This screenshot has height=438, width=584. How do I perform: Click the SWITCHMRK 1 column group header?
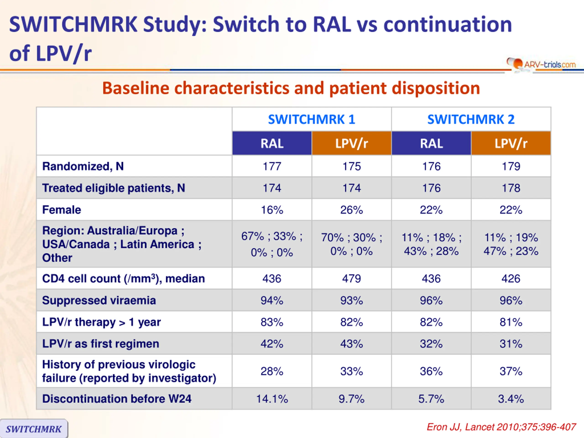pos(312,119)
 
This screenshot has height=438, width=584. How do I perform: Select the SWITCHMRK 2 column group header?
pos(471,119)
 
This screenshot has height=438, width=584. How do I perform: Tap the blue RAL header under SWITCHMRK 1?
pos(272,143)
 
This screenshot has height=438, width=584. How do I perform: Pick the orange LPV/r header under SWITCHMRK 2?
pos(511,143)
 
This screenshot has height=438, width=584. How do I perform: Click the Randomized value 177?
pos(272,166)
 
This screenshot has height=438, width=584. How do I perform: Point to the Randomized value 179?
pos(511,166)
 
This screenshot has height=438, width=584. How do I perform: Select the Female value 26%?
pos(351,210)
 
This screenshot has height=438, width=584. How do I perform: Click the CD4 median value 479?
pos(351,279)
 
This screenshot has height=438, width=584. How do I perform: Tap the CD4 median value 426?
pos(511,279)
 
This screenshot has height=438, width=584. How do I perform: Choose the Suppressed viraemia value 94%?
pos(272,300)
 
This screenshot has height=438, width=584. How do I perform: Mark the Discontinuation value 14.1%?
pos(272,399)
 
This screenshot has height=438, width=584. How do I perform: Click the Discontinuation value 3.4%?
pos(511,399)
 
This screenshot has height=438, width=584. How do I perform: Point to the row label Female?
pos(62,210)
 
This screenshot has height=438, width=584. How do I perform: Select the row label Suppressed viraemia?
pos(99,300)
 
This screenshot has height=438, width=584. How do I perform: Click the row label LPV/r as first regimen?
pos(101,344)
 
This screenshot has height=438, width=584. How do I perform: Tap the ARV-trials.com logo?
pos(541,64)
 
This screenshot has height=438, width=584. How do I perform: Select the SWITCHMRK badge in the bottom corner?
pos(34,429)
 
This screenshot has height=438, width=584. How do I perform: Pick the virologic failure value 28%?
pos(272,371)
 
